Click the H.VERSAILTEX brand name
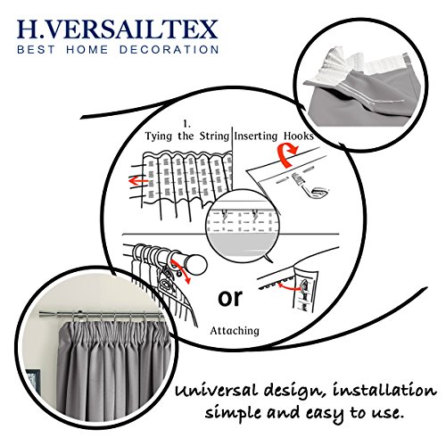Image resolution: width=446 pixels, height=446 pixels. (x=118, y=29)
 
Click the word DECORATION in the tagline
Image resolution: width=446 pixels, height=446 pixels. (x=169, y=49)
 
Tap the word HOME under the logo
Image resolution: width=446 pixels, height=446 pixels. (x=87, y=49)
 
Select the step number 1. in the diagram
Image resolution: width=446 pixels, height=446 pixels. (x=186, y=123)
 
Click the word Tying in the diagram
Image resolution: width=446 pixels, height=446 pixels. (x=159, y=136)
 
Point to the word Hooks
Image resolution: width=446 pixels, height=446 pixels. (x=298, y=136)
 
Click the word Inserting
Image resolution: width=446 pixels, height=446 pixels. (x=256, y=136)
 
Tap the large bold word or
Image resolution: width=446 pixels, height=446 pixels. (x=230, y=298)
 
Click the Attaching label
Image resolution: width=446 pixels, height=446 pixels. (x=235, y=331)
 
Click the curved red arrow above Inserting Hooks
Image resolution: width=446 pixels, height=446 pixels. (x=286, y=154)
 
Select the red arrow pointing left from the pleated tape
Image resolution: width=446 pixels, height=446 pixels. (x=138, y=181)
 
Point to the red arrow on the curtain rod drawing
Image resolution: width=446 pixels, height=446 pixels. (x=181, y=271)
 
